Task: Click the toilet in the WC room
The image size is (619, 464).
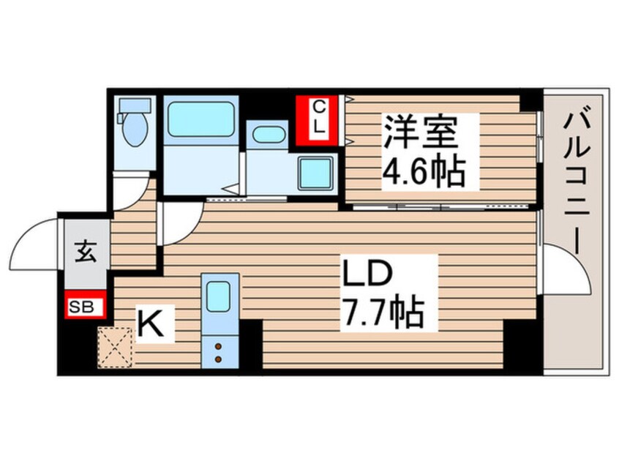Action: point(135,130)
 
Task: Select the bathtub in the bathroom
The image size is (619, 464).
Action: point(200,119)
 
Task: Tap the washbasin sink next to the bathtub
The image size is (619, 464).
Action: point(269,137)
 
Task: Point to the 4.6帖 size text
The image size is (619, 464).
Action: point(425,171)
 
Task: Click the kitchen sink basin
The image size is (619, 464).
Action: point(219,296)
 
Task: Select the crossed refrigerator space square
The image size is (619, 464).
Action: point(114,346)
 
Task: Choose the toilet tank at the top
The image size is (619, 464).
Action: point(135,105)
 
